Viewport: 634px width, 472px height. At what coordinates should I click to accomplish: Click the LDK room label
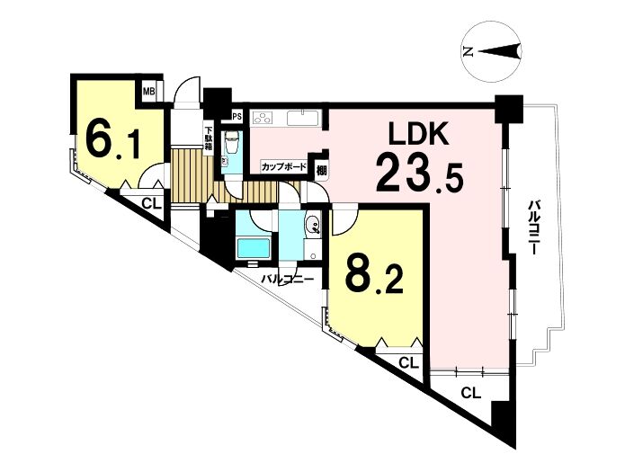418,133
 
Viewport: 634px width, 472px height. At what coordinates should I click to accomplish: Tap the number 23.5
419,174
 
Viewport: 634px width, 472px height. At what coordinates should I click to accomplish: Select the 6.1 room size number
113,140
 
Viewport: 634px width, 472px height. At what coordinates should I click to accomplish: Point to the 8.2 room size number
374,277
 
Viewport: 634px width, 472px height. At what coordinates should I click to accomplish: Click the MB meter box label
148,92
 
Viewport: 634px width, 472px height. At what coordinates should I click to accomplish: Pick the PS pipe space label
237,117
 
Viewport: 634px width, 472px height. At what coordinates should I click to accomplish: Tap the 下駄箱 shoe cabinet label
209,139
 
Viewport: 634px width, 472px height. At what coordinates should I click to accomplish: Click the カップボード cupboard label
284,166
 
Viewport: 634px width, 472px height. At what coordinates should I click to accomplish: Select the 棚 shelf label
321,171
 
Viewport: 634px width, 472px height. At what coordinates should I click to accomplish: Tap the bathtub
253,249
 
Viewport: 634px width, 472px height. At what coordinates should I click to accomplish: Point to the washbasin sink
312,224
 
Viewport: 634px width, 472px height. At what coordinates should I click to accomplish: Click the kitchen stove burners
263,118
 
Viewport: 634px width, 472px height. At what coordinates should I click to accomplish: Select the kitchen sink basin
303,118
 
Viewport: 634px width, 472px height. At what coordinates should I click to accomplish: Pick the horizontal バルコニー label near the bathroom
288,280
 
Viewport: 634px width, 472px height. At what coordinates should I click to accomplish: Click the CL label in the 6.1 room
152,204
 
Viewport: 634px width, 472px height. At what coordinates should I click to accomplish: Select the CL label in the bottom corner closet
471,393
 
